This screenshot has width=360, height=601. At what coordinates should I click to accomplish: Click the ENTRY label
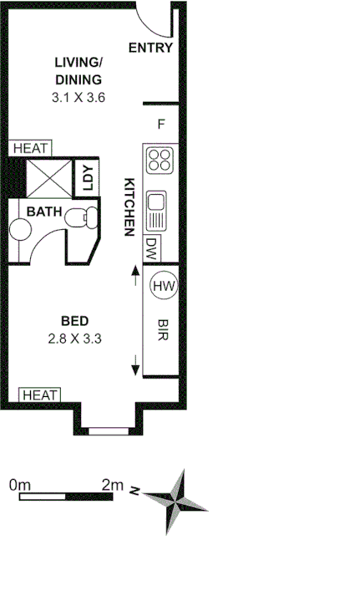(150, 48)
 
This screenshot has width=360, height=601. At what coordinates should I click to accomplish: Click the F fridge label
(161, 125)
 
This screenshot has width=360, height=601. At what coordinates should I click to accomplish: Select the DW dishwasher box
(151, 248)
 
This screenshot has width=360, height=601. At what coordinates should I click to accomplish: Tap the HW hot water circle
(164, 287)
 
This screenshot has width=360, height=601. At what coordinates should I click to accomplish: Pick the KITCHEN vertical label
(129, 207)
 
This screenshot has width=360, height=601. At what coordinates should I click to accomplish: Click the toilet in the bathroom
(83, 219)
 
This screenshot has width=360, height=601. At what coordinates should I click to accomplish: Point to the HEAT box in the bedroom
(39, 395)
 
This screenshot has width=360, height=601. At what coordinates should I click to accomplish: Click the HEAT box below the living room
(31, 148)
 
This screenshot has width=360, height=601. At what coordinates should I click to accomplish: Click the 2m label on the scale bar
(112, 484)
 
